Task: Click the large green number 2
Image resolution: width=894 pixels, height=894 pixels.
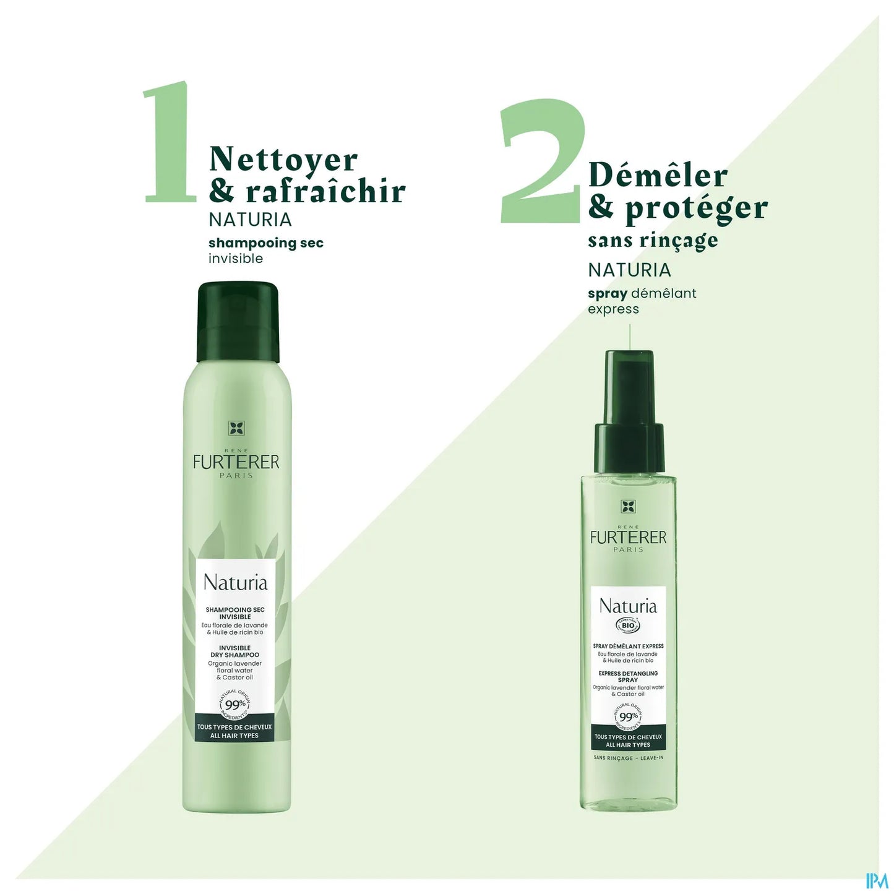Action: (543, 162)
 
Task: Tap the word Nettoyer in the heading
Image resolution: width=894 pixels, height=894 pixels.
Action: (283, 160)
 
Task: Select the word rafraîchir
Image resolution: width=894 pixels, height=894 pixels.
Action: (325, 191)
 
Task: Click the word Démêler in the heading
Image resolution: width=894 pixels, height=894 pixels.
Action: (658, 175)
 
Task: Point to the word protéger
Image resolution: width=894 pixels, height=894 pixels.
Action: (696, 208)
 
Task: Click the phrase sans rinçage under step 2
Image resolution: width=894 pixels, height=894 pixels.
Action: (653, 240)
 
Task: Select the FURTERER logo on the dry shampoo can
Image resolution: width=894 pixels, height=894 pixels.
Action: (236, 462)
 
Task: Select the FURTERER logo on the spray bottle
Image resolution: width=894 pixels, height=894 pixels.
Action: (628, 537)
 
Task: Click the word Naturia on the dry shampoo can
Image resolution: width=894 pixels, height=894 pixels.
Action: (235, 583)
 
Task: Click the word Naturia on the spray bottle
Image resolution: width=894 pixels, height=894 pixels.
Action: (628, 606)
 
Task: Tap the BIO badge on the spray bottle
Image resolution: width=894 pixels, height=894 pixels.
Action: (628, 625)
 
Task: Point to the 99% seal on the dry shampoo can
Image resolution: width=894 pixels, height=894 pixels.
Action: (235, 704)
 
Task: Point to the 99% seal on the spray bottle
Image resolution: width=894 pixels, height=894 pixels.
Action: (628, 716)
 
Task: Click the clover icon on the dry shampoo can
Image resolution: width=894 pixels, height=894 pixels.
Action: (236, 428)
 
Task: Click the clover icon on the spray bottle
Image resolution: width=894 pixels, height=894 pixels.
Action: (628, 507)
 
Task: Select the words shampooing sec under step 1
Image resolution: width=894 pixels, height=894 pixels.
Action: (265, 243)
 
